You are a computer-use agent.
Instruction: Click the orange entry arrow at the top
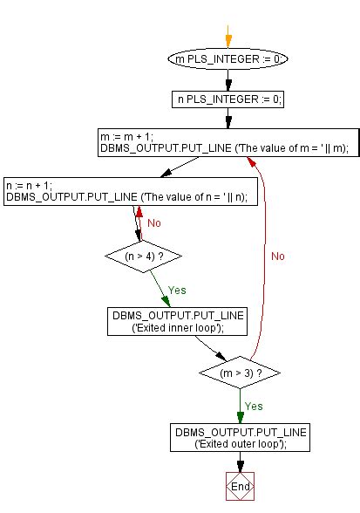[228, 37]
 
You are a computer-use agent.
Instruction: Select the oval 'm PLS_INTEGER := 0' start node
[228, 59]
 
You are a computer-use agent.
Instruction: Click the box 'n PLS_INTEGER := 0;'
[228, 99]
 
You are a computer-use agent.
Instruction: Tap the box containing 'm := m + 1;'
[228, 143]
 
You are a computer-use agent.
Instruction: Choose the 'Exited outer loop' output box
[240, 439]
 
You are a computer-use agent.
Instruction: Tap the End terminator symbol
[240, 487]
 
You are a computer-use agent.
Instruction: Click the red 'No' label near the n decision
[154, 222]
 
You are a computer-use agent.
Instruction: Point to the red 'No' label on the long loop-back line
[277, 256]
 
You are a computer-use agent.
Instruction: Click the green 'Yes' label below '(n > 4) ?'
[176, 290]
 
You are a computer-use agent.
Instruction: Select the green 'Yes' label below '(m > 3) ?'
[254, 407]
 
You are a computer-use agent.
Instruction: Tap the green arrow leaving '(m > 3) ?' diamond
[240, 407]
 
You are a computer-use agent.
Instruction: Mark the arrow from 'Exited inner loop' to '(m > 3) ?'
[207, 347]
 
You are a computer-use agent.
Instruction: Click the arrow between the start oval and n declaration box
[228, 79]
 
